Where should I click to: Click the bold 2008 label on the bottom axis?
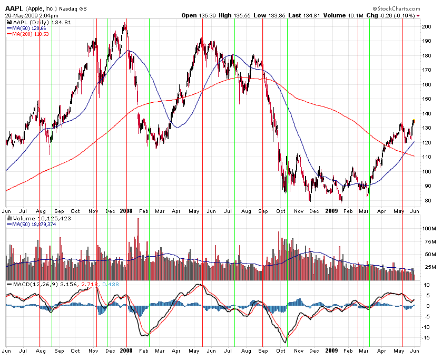coord(126,350)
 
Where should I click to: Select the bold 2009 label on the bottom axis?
coord(331,350)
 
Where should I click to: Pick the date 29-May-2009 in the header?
coord(22,16)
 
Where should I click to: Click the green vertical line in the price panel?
coord(52,105)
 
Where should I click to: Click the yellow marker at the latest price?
coord(414,121)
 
